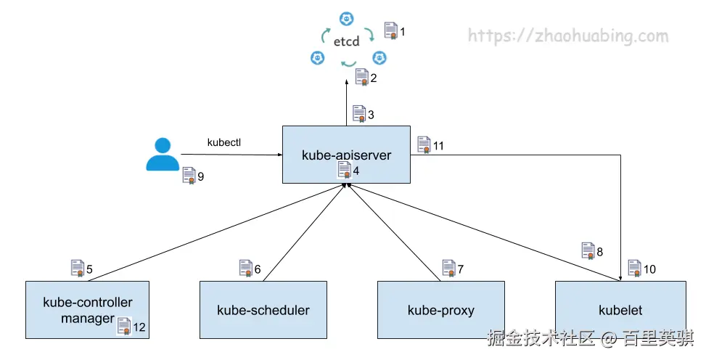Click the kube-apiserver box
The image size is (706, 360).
click(x=346, y=145)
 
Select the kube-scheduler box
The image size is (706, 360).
click(x=263, y=311)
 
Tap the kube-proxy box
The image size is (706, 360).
click(x=440, y=311)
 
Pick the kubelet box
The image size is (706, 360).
click(x=620, y=311)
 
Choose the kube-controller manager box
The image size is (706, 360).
click(x=86, y=303)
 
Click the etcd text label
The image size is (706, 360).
click(x=347, y=42)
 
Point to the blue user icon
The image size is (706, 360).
click(x=162, y=155)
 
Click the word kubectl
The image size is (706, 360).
click(x=223, y=142)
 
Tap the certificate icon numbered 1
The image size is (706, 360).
click(x=390, y=31)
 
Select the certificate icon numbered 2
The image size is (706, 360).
click(x=362, y=77)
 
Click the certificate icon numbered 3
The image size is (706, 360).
click(x=359, y=114)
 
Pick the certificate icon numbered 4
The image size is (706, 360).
click(x=345, y=171)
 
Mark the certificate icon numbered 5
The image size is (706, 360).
click(x=78, y=269)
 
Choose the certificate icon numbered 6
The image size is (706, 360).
click(x=246, y=269)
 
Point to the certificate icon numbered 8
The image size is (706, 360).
click(x=588, y=251)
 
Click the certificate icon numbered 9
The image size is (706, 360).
click(x=189, y=176)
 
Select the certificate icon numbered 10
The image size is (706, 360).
click(x=634, y=269)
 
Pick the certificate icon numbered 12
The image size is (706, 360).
click(x=124, y=327)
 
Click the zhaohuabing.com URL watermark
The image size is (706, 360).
click(x=567, y=36)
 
